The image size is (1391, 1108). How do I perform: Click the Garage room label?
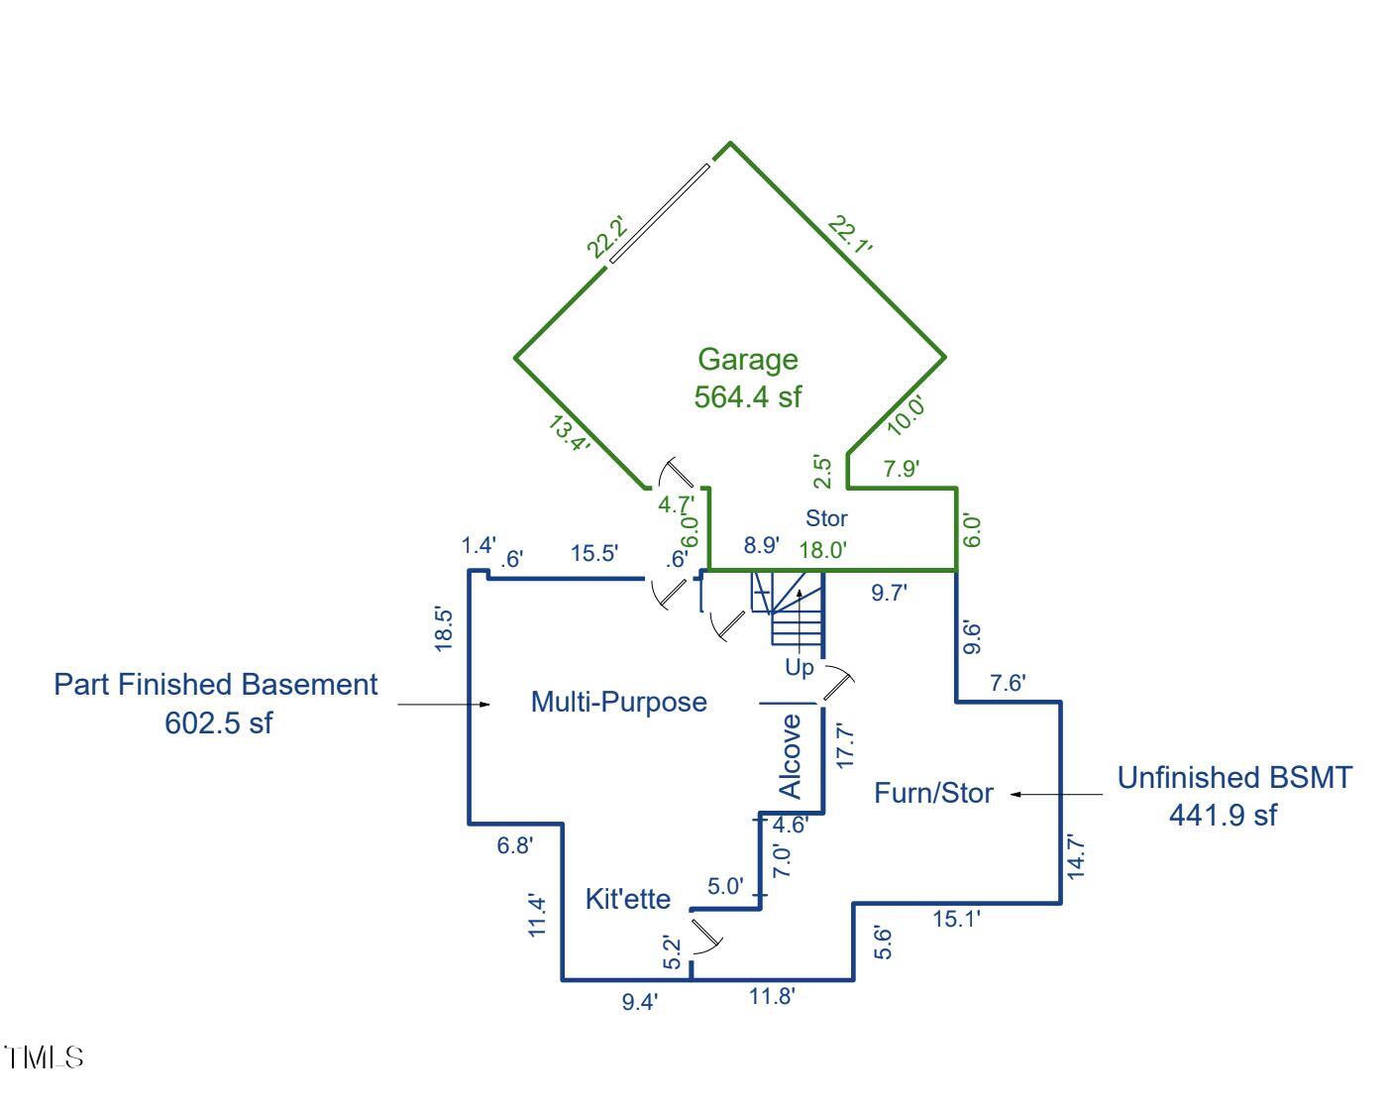coord(747,360)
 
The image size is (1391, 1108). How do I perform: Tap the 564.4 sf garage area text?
coord(747,397)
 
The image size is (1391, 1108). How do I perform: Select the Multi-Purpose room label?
coord(618,702)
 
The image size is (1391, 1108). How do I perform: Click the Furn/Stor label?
coord(933,793)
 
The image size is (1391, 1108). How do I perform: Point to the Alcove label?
coord(791,756)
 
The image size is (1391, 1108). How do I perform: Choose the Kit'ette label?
coord(628,899)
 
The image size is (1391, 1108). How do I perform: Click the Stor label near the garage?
coord(826,517)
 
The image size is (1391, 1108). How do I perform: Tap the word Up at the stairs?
coord(800,667)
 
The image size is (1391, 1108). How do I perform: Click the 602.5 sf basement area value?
coord(218,722)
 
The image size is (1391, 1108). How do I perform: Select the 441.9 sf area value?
coord(1223,815)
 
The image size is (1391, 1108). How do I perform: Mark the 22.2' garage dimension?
coord(605,237)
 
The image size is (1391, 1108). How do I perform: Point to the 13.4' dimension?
coord(570,434)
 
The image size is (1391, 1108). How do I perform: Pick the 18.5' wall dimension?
coord(444,628)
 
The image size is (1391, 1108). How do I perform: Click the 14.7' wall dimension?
coord(1077,856)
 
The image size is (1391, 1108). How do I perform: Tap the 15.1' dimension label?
coord(956,920)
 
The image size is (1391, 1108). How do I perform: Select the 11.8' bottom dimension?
coord(772,996)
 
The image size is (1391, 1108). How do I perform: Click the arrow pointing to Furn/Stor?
coord(1055,794)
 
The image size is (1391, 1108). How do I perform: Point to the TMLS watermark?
coord(44,1057)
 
